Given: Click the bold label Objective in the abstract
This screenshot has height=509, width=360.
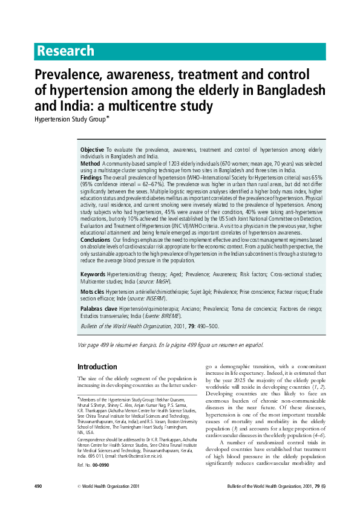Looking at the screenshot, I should [x=93, y=149].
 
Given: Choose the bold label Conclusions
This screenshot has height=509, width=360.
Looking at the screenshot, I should [x=96, y=240].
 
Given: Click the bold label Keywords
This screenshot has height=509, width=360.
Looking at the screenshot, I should [x=93, y=274].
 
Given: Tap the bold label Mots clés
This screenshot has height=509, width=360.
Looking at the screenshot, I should [x=93, y=291].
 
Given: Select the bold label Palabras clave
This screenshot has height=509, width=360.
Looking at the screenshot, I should [x=99, y=308].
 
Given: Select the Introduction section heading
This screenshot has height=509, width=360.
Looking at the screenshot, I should [x=97, y=367].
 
